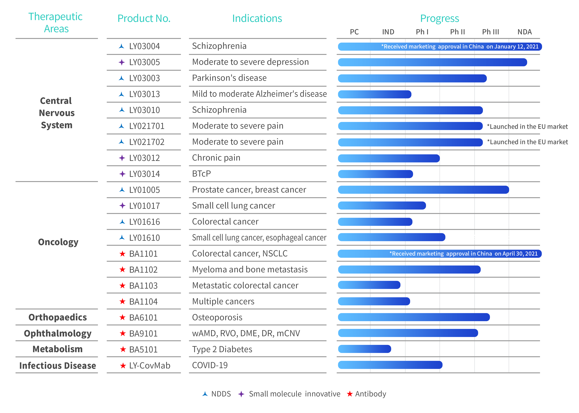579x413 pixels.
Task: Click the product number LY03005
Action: tap(144, 62)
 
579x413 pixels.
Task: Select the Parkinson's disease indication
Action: tap(229, 78)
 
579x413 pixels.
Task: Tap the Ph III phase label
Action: tap(490, 32)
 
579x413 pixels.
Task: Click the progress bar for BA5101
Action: tap(364, 349)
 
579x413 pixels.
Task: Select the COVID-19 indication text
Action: tap(210, 365)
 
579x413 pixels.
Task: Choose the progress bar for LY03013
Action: tap(374, 94)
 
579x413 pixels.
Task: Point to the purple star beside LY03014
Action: tap(122, 174)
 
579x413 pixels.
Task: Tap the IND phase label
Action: tap(388, 32)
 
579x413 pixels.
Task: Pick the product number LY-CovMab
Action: tap(149, 365)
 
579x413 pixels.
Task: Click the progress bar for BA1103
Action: tap(369, 285)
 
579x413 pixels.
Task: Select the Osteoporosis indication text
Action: tap(217, 317)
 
